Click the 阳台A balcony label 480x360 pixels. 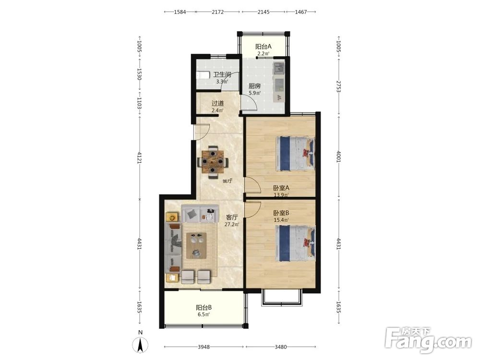(263, 47)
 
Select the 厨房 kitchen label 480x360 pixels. (254, 86)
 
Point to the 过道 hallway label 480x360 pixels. (217, 104)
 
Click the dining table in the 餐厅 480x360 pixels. (213, 162)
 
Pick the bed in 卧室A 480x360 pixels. (295, 154)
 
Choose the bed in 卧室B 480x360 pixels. (295, 243)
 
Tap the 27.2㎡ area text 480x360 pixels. (232, 224)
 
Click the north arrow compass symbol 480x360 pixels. (140, 345)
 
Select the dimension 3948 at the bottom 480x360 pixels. (204, 347)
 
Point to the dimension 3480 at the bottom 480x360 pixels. (281, 347)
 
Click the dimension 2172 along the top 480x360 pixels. (217, 12)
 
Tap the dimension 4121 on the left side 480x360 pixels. (139, 157)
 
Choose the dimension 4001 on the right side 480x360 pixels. (338, 156)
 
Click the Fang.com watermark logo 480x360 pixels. (428, 340)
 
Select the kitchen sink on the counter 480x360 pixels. (279, 68)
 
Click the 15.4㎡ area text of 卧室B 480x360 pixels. (281, 220)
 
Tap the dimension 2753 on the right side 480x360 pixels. (338, 86)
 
